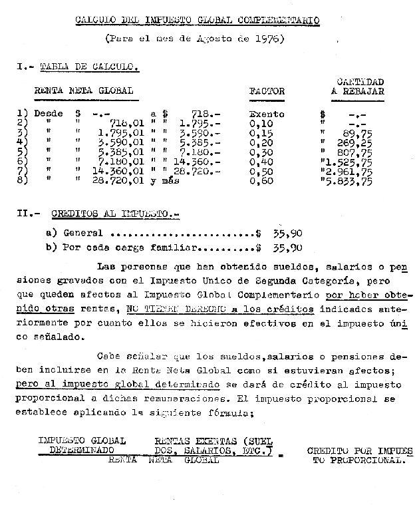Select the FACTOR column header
[266, 91]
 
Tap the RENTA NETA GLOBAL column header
[84, 90]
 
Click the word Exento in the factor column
[266, 114]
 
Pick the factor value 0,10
[262, 123]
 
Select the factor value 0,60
[262, 181]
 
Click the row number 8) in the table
[21, 181]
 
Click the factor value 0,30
[262, 152]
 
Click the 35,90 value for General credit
[287, 234]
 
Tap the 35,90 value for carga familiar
[287, 248]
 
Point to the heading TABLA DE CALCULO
[89, 67]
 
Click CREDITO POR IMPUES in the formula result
[360, 450]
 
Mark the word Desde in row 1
[49, 114]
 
